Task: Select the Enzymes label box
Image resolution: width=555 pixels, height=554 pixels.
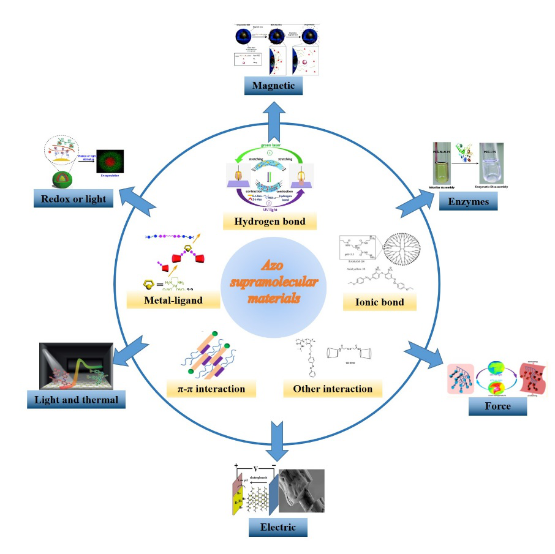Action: click(468, 201)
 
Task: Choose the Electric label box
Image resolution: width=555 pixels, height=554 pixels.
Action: click(277, 526)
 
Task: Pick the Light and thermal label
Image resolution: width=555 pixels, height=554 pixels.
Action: click(77, 400)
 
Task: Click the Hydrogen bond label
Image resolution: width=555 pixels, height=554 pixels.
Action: click(277, 220)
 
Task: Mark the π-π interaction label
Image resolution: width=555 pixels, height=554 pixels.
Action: click(211, 388)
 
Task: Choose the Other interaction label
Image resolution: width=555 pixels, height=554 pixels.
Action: click(333, 388)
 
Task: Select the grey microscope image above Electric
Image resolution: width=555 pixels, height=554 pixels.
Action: click(301, 490)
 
